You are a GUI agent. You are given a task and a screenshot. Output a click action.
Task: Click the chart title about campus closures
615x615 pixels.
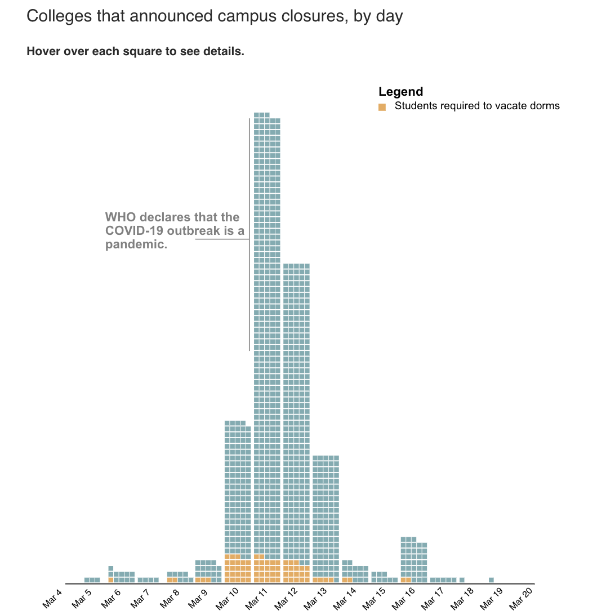(215, 16)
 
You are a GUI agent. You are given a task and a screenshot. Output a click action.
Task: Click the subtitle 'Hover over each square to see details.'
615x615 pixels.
(135, 52)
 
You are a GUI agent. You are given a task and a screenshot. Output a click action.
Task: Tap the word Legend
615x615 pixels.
(400, 92)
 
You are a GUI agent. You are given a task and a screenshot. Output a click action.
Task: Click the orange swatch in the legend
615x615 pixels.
(382, 107)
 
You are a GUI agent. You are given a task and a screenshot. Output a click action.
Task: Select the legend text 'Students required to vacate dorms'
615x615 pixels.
(477, 106)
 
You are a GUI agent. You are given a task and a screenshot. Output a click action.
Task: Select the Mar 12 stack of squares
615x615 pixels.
(296, 422)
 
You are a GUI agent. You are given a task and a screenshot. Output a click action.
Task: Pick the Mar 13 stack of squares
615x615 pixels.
(326, 518)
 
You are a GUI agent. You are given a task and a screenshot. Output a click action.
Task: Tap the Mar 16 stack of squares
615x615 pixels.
(413, 560)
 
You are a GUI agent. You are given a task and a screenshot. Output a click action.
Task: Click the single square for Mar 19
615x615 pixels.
(491, 580)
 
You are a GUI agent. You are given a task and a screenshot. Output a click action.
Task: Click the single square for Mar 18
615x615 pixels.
(462, 580)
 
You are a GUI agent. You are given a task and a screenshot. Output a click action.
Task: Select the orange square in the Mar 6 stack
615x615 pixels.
(111, 580)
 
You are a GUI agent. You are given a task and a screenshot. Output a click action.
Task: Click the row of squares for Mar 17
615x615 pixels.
(443, 580)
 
